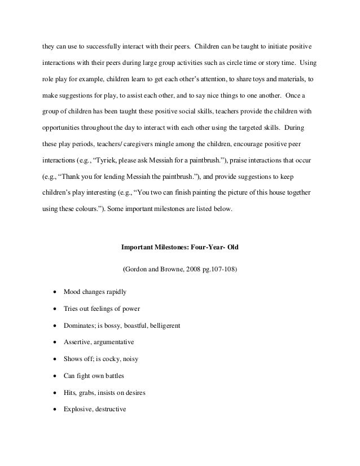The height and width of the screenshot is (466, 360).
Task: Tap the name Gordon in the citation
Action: [x=137, y=269]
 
